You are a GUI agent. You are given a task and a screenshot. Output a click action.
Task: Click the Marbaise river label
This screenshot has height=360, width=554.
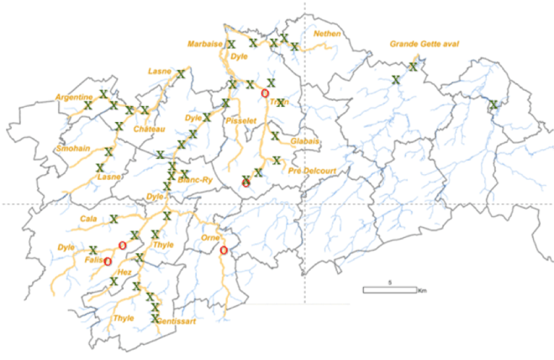pos(204,43)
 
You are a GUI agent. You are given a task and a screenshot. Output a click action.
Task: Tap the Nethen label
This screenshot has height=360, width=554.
pos(326,34)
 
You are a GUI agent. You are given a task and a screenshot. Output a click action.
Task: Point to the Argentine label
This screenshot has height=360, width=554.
pos(74,98)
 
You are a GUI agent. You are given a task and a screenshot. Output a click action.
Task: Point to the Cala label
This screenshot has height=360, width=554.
pos(88,219)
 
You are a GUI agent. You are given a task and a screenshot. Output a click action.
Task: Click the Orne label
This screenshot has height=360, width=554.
pos(211,236)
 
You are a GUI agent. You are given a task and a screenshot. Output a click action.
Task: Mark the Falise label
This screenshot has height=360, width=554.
pos(93,260)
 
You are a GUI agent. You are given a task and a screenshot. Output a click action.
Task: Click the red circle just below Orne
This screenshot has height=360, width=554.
pos(224,251)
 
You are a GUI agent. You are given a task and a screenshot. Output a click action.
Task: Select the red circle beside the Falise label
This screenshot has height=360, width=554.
pos(108,262)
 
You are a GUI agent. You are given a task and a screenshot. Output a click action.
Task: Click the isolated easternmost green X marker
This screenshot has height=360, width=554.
pos(493,105)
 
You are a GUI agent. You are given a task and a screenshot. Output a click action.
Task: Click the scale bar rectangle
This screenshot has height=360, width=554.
pos(389,290)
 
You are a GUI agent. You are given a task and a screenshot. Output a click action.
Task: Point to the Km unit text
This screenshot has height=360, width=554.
pos(423,290)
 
